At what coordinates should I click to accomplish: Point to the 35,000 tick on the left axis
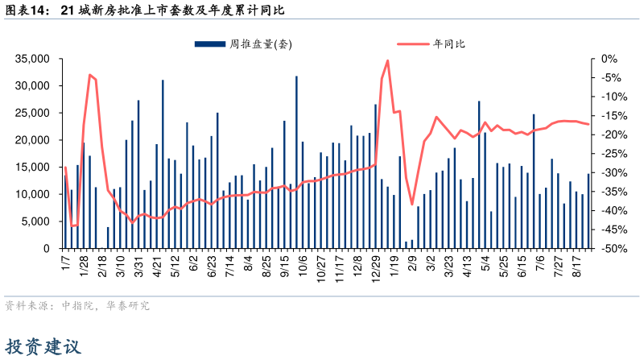(x=33, y=59)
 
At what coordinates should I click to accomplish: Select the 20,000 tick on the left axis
(x=33, y=140)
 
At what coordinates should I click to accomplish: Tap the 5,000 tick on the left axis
(x=37, y=221)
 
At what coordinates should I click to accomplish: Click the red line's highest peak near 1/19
(x=388, y=60)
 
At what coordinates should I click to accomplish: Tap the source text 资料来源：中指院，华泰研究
(x=77, y=306)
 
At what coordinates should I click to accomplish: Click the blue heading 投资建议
(x=44, y=347)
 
